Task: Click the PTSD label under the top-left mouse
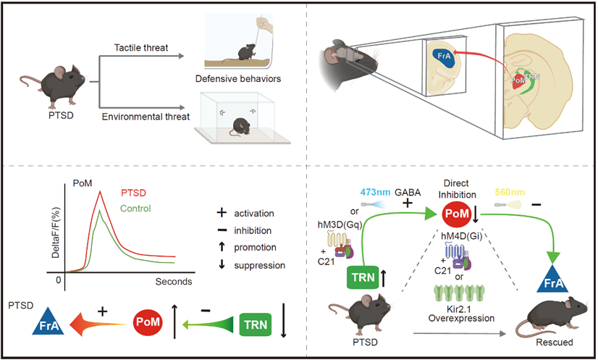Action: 53,114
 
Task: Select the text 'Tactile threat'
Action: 140,48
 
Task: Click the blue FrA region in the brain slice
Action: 440,56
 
